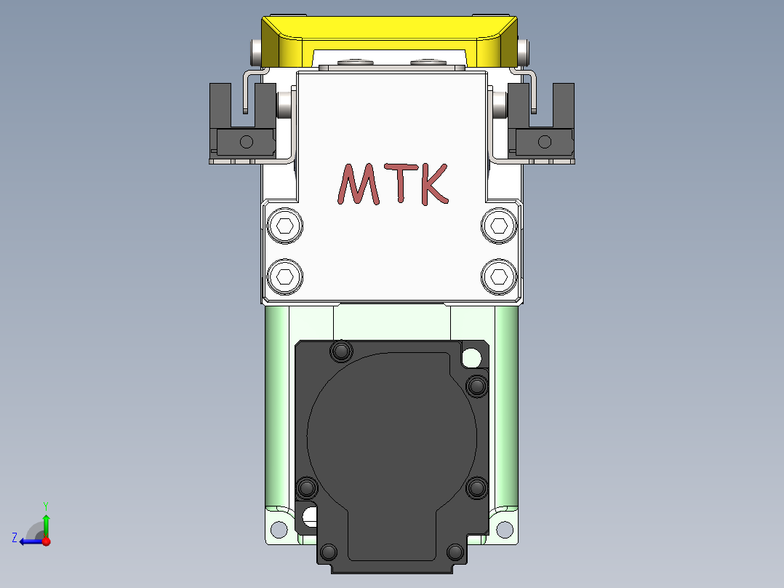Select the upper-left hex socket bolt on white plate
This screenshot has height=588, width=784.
point(285,226)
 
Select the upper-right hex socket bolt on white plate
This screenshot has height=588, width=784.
point(499,226)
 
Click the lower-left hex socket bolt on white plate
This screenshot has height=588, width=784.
point(285,277)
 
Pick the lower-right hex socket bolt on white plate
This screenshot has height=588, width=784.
point(499,277)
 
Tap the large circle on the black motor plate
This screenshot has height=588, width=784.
point(393,437)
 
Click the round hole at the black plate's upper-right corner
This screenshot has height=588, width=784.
point(471,357)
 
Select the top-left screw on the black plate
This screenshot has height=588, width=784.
point(340,351)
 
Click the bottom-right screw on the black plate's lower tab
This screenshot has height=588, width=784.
point(455,552)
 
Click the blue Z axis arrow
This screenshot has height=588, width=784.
point(28,541)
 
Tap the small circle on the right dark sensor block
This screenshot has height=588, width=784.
point(545,141)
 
